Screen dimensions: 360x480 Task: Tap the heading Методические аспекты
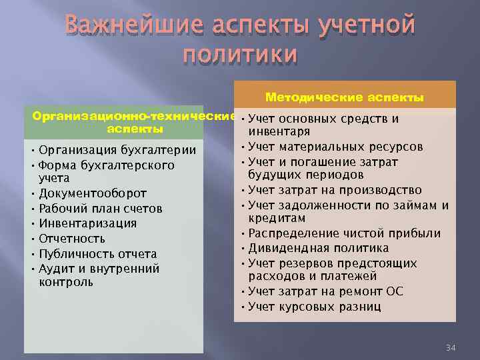[345, 98]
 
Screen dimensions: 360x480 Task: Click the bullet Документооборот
[93, 194]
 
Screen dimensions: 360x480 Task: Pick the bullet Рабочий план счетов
[100, 209]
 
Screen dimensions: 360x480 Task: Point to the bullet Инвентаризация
[87, 223]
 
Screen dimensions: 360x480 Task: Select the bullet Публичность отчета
[98, 253]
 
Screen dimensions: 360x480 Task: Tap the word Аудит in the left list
[57, 269]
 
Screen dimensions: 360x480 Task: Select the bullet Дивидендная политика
[318, 248]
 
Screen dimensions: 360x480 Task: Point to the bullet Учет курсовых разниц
[315, 307]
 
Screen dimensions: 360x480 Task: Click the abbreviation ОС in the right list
[395, 292]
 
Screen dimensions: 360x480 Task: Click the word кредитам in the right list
[277, 219]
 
